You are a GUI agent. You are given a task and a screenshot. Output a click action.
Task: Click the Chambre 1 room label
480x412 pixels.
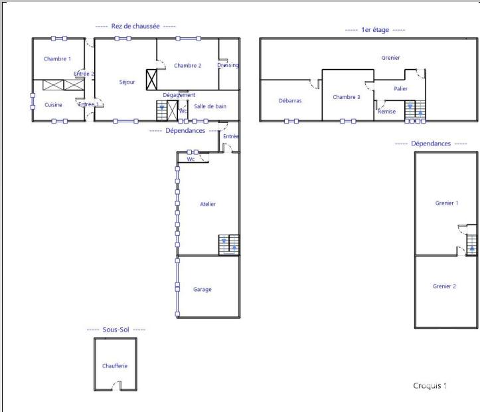[x=57, y=59]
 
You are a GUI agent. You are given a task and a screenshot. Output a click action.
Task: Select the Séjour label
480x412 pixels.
[x=127, y=82]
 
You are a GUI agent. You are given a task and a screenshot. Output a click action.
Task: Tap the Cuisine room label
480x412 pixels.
[x=53, y=105]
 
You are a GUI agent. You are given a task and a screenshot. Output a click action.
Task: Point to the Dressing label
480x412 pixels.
[x=228, y=65]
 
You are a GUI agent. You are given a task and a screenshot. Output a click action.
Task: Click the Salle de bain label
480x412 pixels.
[x=210, y=106]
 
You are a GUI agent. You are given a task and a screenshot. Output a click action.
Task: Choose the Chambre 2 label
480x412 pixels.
[x=187, y=66]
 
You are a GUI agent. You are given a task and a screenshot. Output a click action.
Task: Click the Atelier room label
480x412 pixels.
[x=208, y=204]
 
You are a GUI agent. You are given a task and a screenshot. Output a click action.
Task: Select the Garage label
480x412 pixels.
[x=202, y=289]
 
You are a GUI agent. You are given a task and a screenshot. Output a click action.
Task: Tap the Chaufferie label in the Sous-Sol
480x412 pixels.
[x=115, y=365]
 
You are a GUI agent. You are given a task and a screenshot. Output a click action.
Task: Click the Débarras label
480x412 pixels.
[x=290, y=101]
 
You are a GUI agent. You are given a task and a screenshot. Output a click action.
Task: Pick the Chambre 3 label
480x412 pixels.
[x=347, y=97]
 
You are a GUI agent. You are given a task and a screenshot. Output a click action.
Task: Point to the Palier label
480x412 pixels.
[x=400, y=88]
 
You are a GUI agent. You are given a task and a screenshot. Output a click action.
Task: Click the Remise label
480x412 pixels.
[x=386, y=112]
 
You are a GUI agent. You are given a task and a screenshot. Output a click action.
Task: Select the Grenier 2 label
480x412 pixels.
[x=444, y=286]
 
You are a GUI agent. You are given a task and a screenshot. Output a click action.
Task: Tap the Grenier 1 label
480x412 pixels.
[x=446, y=203]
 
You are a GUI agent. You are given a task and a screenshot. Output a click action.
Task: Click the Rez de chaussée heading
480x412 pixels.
[x=135, y=26]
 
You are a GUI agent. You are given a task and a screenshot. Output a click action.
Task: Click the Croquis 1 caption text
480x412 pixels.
[x=430, y=385]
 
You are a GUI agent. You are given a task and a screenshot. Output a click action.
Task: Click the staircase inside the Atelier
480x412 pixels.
[x=229, y=245]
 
